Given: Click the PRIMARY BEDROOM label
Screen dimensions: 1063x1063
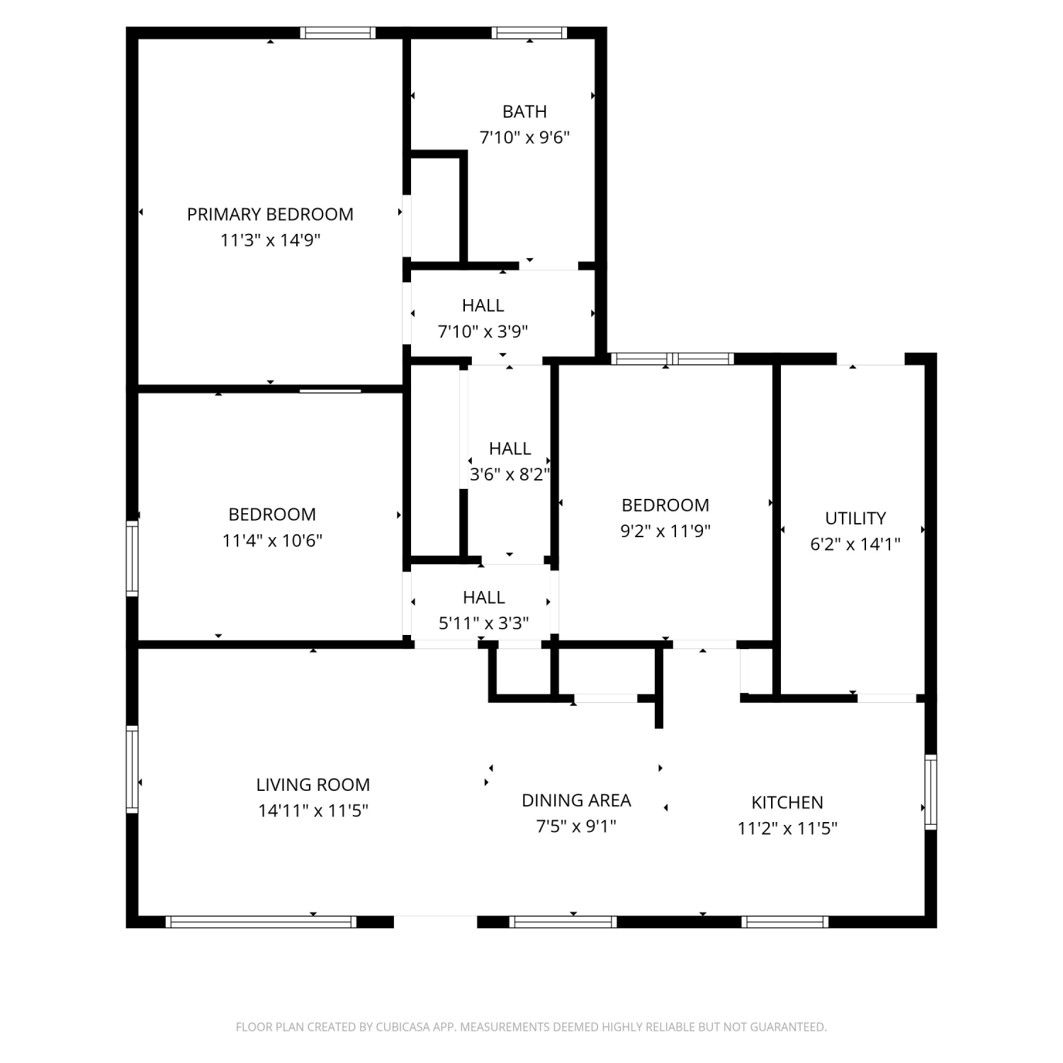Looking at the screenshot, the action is pos(270,214).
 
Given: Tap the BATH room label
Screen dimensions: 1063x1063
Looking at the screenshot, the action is pos(524,111).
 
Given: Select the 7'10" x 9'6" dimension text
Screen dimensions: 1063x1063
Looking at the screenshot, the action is pos(525,137).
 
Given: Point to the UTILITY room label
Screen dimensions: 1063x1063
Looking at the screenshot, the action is pos(855,518).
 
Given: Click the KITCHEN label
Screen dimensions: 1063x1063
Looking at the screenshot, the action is pos(787,802).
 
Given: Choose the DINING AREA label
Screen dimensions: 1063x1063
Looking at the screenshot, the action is pos(576,800).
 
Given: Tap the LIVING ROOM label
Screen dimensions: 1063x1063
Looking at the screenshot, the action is pos(313,784).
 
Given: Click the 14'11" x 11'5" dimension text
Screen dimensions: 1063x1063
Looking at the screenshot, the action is pos(313,811).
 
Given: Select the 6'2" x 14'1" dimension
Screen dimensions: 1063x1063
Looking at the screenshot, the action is pos(855,544).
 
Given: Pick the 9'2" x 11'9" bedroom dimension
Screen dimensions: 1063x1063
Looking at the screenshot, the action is pos(665,531).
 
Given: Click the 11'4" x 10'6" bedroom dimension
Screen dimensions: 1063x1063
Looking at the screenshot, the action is pos(272,541).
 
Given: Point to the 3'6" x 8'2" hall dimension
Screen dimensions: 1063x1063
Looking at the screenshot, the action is pos(510,474).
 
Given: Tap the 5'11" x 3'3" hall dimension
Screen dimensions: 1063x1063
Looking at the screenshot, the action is pos(484,623).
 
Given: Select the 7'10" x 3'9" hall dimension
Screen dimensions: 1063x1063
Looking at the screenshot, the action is pos(483,331).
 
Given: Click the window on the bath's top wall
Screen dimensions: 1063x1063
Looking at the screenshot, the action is pos(529,33).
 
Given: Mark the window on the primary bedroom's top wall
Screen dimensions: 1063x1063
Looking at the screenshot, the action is pos(338,33).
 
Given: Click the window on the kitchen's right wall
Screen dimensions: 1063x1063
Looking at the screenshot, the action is pos(931,792).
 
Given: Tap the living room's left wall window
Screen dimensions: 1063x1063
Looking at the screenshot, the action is pos(132,769).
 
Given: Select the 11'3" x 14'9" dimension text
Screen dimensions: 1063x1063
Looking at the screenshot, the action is pos(270,240).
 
